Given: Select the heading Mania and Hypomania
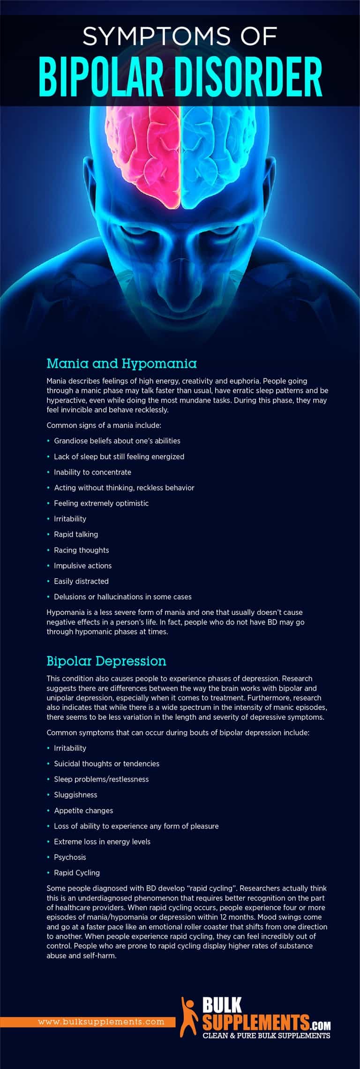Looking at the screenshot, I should pyautogui.click(x=121, y=363).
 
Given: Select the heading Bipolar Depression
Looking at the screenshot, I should pyautogui.click(x=106, y=661).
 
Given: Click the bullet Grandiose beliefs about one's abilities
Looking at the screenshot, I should pyautogui.click(x=117, y=441).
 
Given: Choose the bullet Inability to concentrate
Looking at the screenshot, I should pyautogui.click(x=92, y=472).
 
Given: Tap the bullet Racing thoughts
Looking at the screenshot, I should pyautogui.click(x=81, y=550).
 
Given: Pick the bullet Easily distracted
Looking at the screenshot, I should pyautogui.click(x=81, y=581).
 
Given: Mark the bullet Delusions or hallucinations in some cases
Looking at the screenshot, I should pyautogui.click(x=122, y=597).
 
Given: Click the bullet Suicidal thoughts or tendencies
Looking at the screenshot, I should pyautogui.click(x=106, y=763).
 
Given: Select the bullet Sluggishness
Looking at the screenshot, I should pyautogui.click(x=75, y=794).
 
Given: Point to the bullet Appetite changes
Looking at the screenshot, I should pyautogui.click(x=83, y=810).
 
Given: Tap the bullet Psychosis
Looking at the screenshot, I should pyautogui.click(x=70, y=857).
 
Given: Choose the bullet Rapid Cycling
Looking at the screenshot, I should pyautogui.click(x=77, y=873).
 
